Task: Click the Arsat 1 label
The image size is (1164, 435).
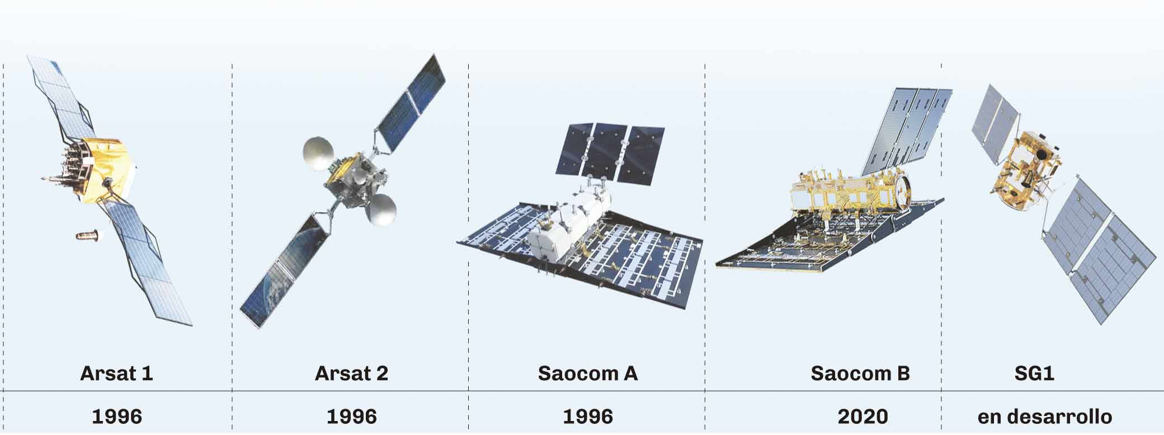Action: coord(116,373)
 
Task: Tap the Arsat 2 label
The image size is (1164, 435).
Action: coord(351,373)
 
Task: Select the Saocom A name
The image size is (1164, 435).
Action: coord(588,373)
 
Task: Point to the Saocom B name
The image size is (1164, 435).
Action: coord(860,373)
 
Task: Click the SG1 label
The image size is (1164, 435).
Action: coord(1034,373)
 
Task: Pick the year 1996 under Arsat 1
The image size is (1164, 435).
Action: coord(117,417)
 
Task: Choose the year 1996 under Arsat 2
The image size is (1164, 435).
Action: coord(351,417)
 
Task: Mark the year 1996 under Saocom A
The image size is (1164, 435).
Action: coord(588,417)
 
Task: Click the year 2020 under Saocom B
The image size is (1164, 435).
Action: coord(863,417)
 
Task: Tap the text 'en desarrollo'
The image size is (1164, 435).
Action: coord(1045,417)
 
